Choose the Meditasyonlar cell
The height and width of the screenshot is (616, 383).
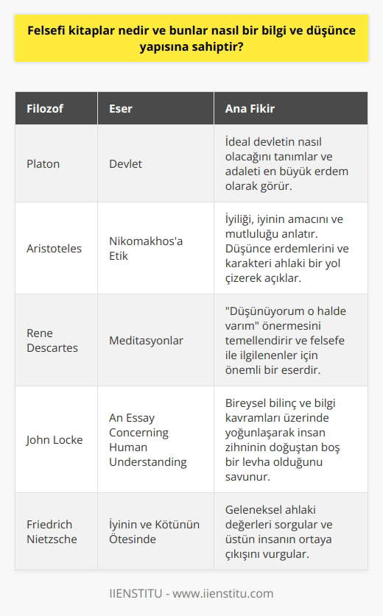point(147,341)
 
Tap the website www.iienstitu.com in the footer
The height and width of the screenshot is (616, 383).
point(231,593)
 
